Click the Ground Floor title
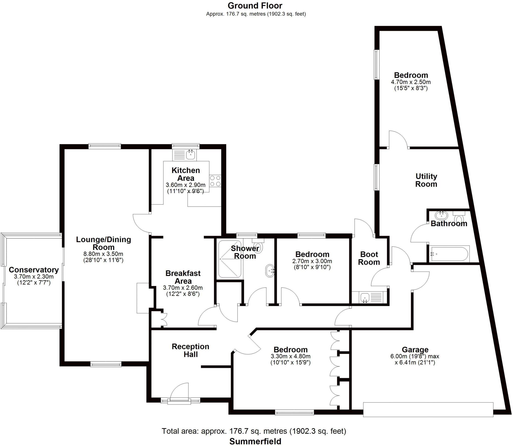(x=255, y=6)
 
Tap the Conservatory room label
(x=34, y=270)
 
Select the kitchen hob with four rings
(x=215, y=181)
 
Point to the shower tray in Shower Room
(x=229, y=259)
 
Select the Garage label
(x=415, y=349)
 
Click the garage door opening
(x=428, y=416)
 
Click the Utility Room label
(x=426, y=180)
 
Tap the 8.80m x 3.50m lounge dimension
(x=103, y=254)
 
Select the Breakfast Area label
(x=183, y=277)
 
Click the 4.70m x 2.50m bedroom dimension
(x=411, y=82)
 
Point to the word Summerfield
(x=255, y=441)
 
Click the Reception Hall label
(x=190, y=350)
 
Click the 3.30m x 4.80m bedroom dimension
(x=290, y=356)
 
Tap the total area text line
(x=254, y=431)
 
